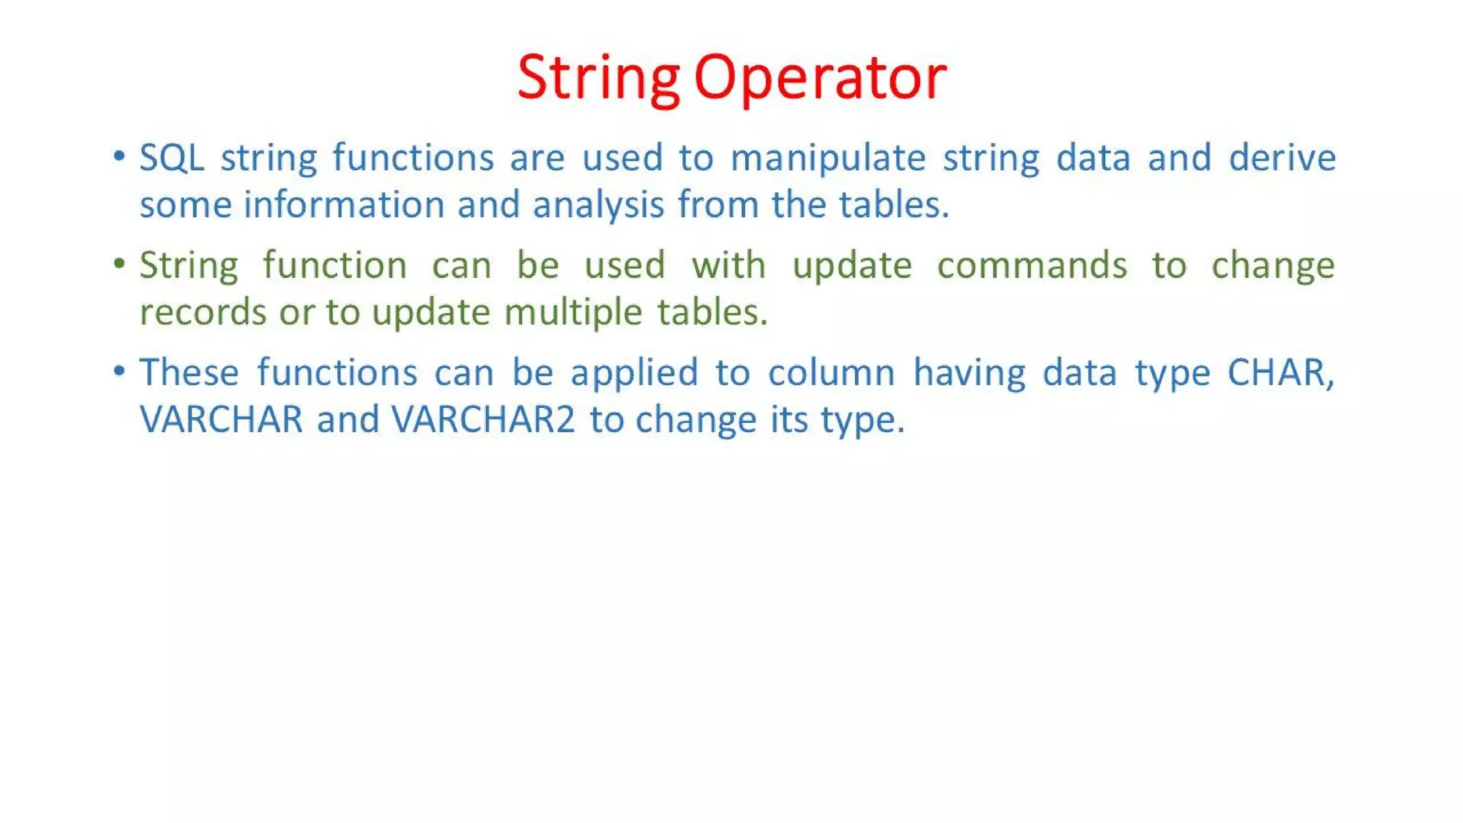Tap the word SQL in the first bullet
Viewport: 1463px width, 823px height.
tap(171, 157)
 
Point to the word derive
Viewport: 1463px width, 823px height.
tap(1282, 157)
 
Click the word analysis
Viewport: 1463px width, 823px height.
tap(598, 206)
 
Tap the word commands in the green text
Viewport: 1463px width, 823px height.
tap(1032, 266)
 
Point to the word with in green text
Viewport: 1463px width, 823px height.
tap(728, 265)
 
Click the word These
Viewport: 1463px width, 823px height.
tap(189, 373)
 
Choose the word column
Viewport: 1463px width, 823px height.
tap(831, 373)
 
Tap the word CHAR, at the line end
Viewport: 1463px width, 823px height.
tap(1280, 373)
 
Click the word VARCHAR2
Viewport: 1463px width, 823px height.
tap(483, 419)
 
